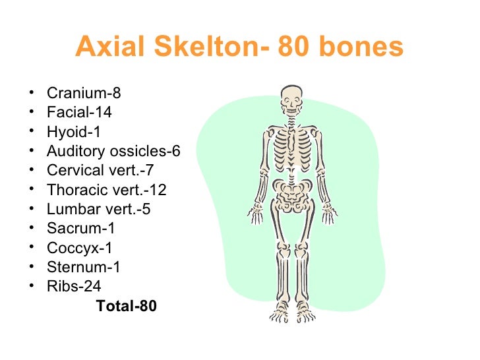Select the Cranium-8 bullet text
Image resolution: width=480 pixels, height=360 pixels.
pos(84,93)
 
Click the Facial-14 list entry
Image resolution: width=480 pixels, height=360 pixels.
pos(79,112)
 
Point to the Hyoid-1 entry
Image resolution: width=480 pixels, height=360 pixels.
pos(74,132)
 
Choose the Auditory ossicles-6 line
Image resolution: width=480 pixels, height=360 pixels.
pos(113,151)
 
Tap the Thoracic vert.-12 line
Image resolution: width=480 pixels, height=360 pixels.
pos(107,190)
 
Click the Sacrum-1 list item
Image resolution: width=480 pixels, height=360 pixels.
pos(81,229)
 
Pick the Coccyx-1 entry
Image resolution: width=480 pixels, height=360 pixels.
pos(79,248)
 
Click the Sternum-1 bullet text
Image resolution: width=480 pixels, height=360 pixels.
pos(84,267)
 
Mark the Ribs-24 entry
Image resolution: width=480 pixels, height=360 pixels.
pos(74,287)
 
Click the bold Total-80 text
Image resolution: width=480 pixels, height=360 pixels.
pos(127,306)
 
